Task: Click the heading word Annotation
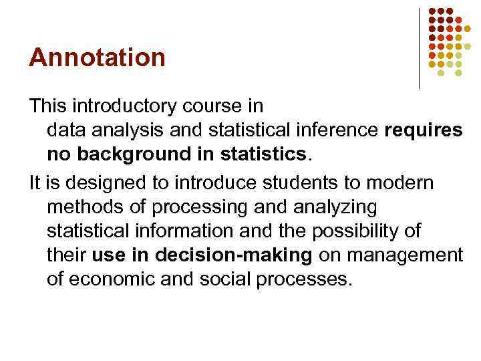pyautogui.click(x=97, y=57)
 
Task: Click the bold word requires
pyautogui.click(x=424, y=130)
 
